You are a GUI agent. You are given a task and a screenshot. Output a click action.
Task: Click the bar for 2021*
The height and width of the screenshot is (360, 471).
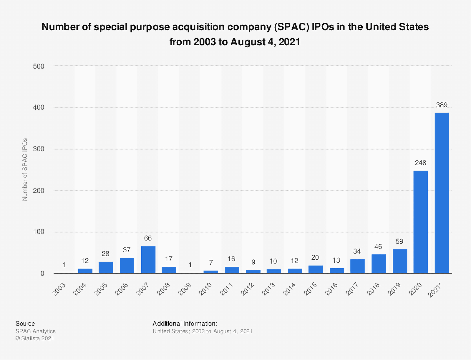point(442,193)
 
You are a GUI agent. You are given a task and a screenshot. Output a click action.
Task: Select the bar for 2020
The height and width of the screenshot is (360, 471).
point(420,222)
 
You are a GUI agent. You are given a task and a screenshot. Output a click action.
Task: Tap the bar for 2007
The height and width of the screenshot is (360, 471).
point(148,260)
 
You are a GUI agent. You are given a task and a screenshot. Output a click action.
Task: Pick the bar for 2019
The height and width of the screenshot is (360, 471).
point(400,261)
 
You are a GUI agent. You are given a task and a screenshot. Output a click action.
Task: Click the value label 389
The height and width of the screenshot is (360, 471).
point(442,105)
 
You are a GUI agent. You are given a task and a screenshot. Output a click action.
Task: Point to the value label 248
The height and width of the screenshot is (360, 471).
point(420,163)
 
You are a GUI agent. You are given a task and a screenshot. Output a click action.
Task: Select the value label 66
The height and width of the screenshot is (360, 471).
point(148,238)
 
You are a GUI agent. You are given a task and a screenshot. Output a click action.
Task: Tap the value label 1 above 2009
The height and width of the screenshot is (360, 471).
point(190,265)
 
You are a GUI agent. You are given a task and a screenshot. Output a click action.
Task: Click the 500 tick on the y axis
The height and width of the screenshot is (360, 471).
point(39,66)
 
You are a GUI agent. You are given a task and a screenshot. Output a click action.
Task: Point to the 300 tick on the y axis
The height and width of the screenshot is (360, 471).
point(39,149)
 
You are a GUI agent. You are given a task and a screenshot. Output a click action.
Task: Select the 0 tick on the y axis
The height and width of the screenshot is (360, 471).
point(42,274)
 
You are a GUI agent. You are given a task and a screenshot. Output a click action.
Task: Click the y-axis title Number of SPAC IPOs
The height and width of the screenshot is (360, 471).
point(25,169)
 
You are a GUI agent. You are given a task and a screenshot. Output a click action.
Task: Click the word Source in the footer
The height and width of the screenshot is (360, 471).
point(25,324)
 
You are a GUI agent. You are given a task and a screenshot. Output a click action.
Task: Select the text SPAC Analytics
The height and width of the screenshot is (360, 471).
point(35,331)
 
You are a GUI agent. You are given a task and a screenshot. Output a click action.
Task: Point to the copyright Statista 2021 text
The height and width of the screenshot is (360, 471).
point(35,338)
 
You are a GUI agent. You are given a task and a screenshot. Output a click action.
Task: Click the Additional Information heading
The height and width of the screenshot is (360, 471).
point(185,324)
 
